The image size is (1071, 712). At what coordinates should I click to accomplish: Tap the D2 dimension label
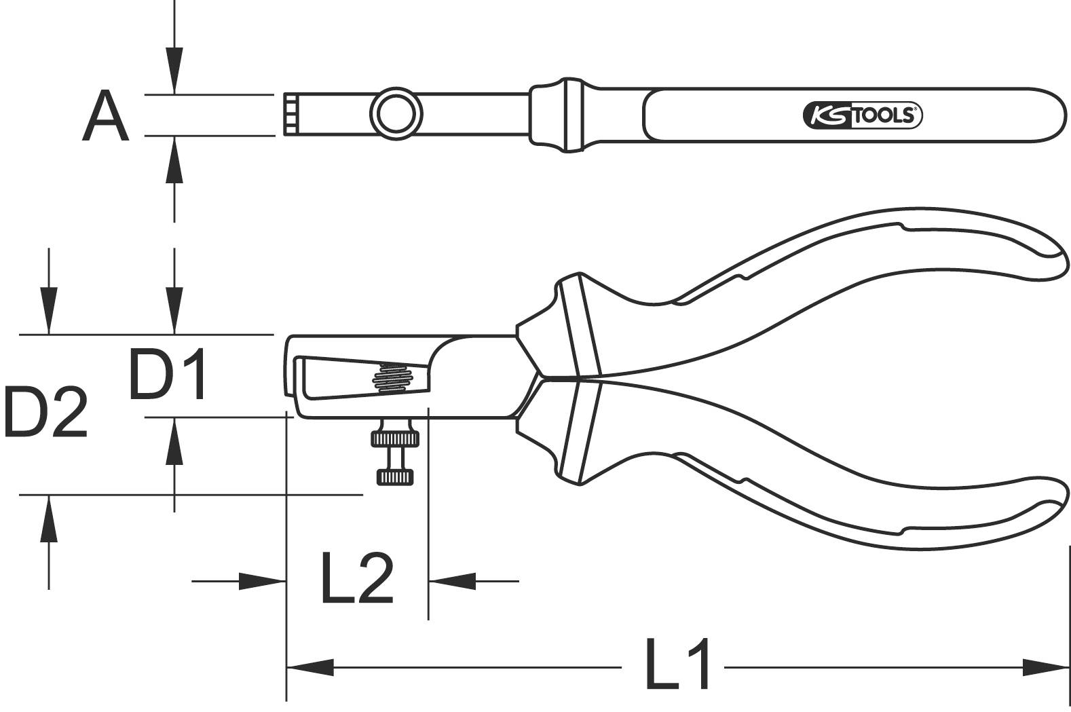click(x=45, y=412)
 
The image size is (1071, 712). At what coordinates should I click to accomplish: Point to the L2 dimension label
click(x=357, y=579)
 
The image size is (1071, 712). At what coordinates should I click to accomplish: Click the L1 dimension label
click(x=677, y=664)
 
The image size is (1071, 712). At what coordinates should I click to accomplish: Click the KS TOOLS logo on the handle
click(x=862, y=116)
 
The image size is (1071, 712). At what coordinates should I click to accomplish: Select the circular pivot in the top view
click(x=396, y=113)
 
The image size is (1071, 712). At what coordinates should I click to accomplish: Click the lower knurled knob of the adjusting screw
click(x=395, y=477)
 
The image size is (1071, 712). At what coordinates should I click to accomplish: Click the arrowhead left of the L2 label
click(x=261, y=581)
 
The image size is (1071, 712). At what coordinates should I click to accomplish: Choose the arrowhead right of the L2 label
click(x=452, y=581)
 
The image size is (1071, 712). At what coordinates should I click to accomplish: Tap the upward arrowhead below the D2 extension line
click(x=48, y=519)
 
